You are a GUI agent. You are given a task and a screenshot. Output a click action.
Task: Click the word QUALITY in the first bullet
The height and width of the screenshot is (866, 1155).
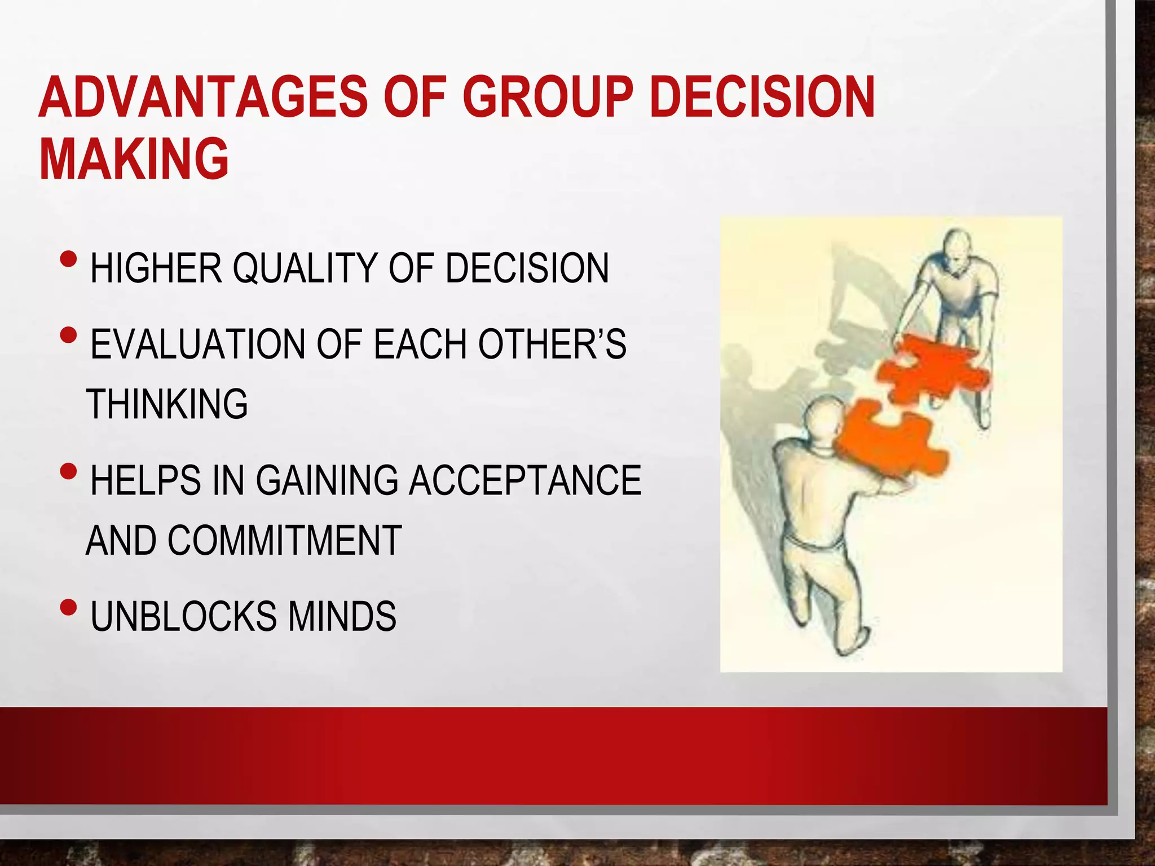[305, 268]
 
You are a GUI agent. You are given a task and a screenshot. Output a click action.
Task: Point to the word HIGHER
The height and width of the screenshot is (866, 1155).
[156, 268]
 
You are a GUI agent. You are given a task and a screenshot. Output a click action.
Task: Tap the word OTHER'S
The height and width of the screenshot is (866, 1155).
[552, 344]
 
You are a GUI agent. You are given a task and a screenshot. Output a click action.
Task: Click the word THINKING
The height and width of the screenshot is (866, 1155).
[167, 404]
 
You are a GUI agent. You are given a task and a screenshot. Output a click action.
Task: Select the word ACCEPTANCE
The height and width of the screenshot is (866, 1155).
[524, 481]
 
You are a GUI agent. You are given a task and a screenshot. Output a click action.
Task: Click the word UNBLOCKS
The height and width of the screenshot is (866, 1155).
[184, 616]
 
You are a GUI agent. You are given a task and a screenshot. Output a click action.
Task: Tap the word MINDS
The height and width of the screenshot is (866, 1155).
[342, 616]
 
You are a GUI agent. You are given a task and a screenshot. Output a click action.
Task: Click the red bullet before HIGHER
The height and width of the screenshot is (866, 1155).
[69, 260]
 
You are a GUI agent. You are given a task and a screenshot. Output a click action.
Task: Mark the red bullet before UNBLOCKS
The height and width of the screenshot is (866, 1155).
[69, 608]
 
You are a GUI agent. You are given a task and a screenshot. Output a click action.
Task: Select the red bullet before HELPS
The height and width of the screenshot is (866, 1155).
[69, 471]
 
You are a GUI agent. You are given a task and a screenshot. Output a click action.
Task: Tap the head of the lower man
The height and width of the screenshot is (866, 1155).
[825, 420]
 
